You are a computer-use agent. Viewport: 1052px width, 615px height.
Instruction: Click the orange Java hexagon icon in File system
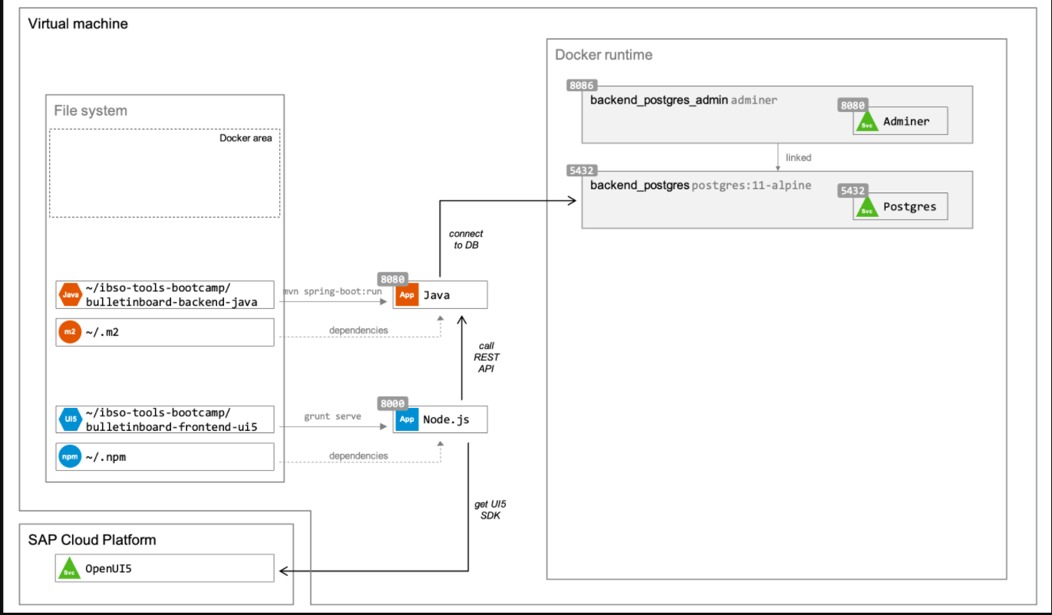[x=69, y=294]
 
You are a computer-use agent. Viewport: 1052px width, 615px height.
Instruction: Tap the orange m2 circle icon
[x=69, y=331]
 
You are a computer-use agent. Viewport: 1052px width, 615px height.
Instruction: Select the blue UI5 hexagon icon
[x=69, y=419]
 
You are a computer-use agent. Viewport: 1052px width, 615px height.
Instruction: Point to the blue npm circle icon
[x=69, y=456]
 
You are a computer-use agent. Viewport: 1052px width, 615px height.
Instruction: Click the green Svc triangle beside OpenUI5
[x=69, y=570]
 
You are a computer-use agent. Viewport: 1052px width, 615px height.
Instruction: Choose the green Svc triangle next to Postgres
[x=867, y=207]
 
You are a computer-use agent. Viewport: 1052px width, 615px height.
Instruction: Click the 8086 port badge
[x=582, y=86]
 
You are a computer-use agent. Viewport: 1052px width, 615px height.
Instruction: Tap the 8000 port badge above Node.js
[x=392, y=403]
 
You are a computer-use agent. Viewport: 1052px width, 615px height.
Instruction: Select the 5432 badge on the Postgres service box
[x=853, y=191]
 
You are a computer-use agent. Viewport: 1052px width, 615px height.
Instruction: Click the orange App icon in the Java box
[x=407, y=294]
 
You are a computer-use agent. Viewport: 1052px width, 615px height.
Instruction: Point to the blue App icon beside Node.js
[x=407, y=419]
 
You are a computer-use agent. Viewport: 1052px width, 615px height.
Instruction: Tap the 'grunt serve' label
[x=332, y=416]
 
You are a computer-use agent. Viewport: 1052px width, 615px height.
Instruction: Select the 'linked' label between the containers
[x=798, y=157]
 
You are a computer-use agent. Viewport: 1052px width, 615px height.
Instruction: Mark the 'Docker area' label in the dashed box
[x=246, y=138]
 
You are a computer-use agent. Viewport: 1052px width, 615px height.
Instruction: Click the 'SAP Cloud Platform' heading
[x=91, y=540]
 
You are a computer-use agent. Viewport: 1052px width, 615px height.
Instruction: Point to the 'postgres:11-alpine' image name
[x=751, y=185]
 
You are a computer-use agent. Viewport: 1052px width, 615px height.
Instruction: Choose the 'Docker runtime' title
[x=603, y=55]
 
